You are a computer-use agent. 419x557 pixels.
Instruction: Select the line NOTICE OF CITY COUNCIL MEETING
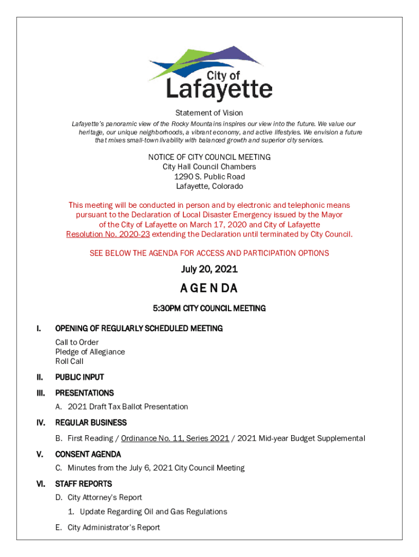(x=209, y=157)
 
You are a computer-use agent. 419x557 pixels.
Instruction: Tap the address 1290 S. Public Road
(x=209, y=177)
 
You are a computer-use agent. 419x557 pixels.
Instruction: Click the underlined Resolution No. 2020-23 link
(x=108, y=234)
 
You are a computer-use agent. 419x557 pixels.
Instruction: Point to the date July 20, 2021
(x=209, y=270)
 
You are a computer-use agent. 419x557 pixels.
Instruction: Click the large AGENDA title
(x=209, y=288)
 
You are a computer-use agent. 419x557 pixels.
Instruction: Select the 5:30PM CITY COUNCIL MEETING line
(x=209, y=308)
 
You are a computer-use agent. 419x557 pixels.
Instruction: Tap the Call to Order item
(x=77, y=342)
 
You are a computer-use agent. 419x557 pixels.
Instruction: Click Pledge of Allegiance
(x=90, y=352)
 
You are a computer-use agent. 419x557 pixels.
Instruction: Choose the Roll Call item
(x=69, y=361)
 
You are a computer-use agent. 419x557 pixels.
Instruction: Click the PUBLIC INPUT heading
(x=79, y=377)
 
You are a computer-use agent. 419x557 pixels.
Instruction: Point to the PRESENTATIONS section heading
(x=84, y=393)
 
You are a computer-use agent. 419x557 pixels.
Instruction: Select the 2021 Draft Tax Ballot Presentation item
(x=128, y=407)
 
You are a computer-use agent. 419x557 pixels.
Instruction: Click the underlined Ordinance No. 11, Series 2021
(x=175, y=438)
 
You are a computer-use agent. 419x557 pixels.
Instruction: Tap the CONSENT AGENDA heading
(x=88, y=454)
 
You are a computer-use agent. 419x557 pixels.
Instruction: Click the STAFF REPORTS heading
(x=84, y=484)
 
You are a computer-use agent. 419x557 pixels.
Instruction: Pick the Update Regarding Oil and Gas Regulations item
(x=153, y=512)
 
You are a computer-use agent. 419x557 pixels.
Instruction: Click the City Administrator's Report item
(x=114, y=528)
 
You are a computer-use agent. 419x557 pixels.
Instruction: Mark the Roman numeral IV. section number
(x=40, y=423)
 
